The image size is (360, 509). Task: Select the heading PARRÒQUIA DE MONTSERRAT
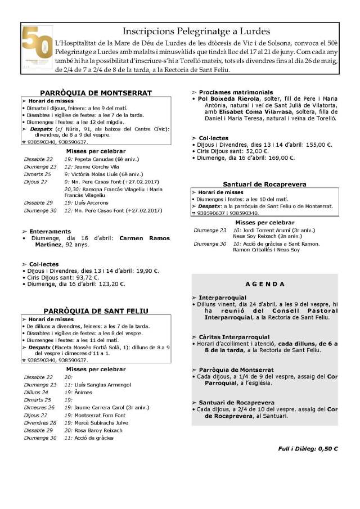tap(96, 93)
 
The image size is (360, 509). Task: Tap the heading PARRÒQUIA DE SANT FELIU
tap(96, 310)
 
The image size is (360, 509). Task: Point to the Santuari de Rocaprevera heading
tap(264, 184)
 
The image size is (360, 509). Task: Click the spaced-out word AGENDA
tap(264, 284)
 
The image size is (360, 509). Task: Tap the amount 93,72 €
tap(87, 277)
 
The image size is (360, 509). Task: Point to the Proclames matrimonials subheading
tap(236, 92)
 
